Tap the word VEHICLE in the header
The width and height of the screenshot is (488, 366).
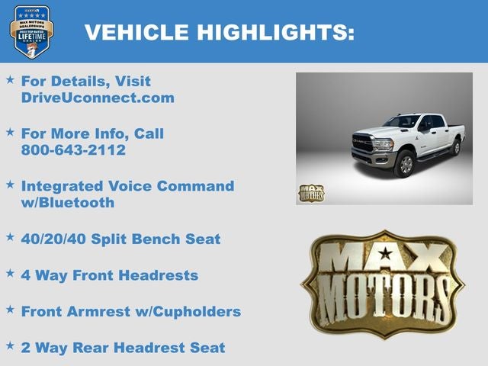pyautogui.click(x=137, y=32)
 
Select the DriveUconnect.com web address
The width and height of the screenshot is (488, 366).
pyautogui.click(x=98, y=98)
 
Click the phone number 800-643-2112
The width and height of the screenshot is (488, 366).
pyautogui.click(x=73, y=150)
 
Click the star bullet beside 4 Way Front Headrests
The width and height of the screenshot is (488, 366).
pyautogui.click(x=10, y=273)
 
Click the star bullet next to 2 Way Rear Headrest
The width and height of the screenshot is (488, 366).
pyautogui.click(x=10, y=345)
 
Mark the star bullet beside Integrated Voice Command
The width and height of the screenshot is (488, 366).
pyautogui.click(x=10, y=184)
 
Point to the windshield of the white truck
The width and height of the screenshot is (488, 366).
pyautogui.click(x=401, y=122)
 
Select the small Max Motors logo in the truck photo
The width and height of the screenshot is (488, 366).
pyautogui.click(x=310, y=193)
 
